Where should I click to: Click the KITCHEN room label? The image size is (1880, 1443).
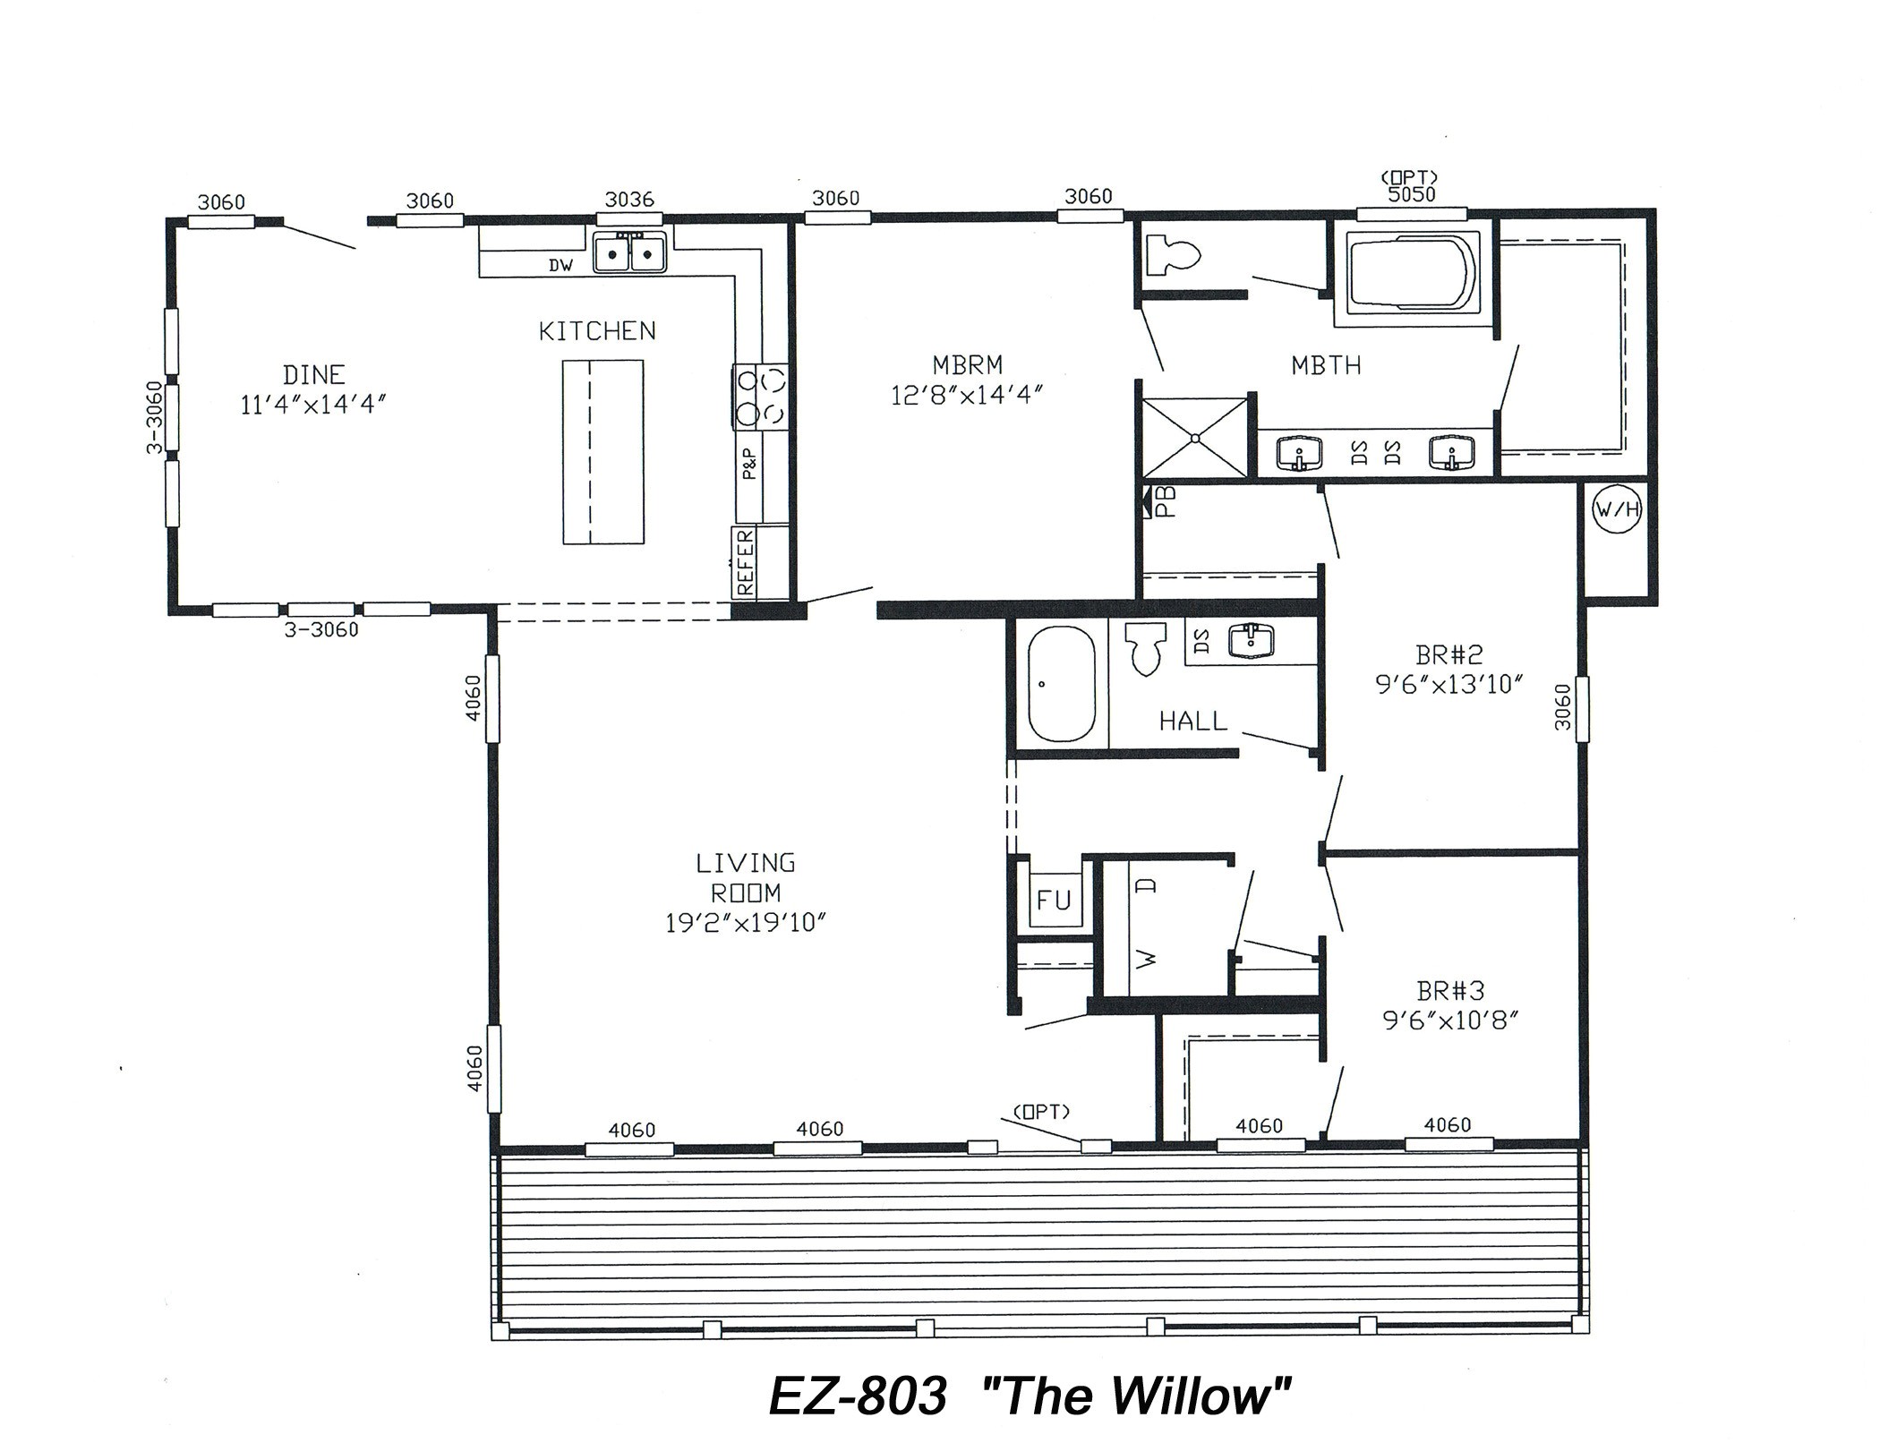tap(597, 331)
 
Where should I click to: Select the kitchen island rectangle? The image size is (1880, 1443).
tap(602, 452)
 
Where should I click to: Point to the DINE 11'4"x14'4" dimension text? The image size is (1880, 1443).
tap(312, 405)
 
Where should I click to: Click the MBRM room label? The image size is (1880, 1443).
tap(967, 365)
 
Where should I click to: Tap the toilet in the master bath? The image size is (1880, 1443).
tap(1171, 255)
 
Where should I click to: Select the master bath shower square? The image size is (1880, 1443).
tap(1195, 438)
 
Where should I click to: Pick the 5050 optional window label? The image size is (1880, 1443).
tap(1411, 194)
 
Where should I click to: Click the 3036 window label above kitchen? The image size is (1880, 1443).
tap(629, 199)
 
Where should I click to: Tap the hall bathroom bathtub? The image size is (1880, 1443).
tap(1061, 684)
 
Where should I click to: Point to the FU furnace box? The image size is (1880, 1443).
tap(1054, 900)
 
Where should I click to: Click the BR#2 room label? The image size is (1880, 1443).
tap(1448, 654)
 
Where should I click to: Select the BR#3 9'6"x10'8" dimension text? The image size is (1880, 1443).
tap(1450, 1020)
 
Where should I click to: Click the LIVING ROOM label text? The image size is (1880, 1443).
tap(746, 878)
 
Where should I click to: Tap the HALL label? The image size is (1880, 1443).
tap(1193, 721)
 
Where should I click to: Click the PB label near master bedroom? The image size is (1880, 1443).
tap(1164, 503)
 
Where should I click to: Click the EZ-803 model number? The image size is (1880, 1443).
tap(858, 1396)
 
